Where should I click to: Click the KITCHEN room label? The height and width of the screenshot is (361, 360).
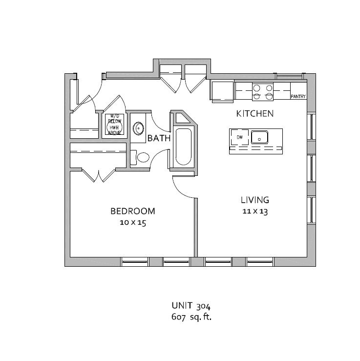pos(255,114)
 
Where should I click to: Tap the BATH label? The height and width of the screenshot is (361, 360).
pos(159,138)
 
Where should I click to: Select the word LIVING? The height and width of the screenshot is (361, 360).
pos(255,200)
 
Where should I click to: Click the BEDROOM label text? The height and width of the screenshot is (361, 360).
pos(133,211)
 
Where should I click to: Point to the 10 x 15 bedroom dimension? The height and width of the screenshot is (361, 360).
pos(133,223)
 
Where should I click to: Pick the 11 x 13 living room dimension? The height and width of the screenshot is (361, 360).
pos(255,212)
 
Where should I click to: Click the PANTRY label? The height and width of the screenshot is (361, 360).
pos(298,96)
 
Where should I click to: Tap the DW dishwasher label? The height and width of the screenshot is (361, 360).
pos(240,137)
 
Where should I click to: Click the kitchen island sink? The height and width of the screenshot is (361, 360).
pos(259,137)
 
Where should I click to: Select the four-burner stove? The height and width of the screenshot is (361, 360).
pos(263,92)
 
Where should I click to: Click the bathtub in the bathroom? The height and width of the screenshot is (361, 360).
pos(183,147)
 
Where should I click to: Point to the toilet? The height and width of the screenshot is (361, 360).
pos(140,157)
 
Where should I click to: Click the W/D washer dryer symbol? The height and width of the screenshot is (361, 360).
pos(114,125)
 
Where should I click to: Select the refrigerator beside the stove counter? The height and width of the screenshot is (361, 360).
pos(222,91)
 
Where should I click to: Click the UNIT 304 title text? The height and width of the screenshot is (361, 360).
pos(191,306)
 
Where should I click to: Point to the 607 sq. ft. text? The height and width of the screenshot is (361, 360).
pos(191,317)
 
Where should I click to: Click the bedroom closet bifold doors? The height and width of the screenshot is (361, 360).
pos(99,175)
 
